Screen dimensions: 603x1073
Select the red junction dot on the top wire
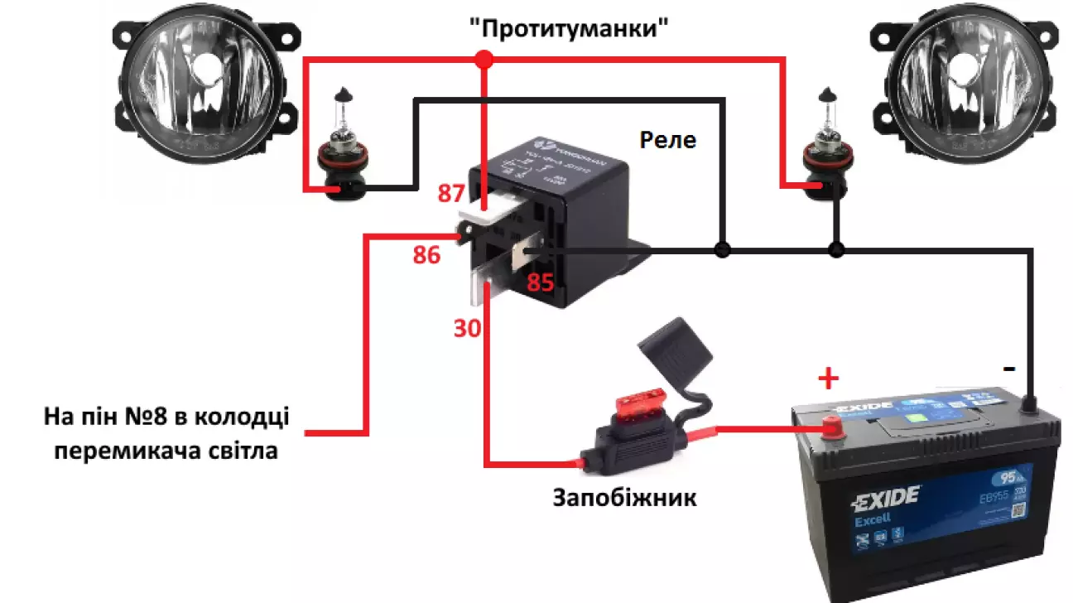(484, 59)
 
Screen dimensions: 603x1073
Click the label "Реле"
(667, 140)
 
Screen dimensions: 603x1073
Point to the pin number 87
(451, 195)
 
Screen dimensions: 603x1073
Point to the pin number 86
(426, 256)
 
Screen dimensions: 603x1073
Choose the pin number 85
(540, 283)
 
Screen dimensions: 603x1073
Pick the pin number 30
(466, 329)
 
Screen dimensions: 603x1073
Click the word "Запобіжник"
(624, 499)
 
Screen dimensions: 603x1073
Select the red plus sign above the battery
(828, 380)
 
